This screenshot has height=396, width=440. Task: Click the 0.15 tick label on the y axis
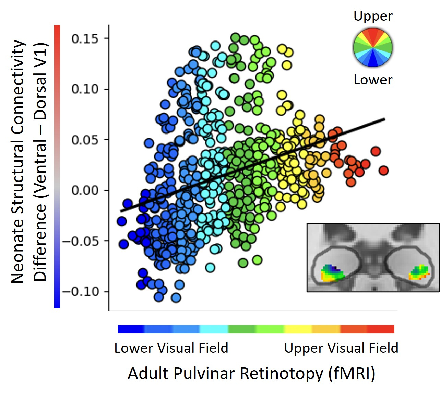coord(85,38)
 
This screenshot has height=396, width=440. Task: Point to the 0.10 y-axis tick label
coord(85,89)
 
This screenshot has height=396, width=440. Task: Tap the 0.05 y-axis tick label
coord(85,140)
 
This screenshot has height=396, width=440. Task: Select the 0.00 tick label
coord(85,190)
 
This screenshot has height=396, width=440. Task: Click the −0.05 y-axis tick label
coord(81,241)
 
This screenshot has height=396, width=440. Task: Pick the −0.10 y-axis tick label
coord(81,292)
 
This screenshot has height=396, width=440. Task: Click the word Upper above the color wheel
coord(373,16)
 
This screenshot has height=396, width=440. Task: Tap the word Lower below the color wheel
coord(373,80)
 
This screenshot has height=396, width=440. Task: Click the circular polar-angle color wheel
coord(373,47)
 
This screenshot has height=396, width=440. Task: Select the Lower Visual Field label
coord(171,348)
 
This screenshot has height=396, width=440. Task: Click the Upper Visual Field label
coord(341,348)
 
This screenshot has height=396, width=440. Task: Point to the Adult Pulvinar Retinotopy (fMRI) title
coord(251,373)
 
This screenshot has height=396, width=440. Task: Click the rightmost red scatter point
coord(383,170)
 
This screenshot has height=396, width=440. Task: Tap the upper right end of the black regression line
coord(384,119)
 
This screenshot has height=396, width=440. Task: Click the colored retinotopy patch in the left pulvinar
coord(331,273)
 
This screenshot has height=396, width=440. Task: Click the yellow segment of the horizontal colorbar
coord(298,329)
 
